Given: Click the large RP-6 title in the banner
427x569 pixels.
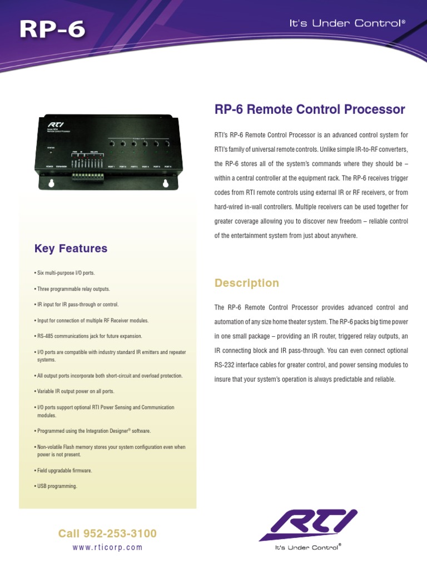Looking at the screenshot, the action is pos(52,28).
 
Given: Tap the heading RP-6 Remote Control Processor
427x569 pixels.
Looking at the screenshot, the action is pos(310,109).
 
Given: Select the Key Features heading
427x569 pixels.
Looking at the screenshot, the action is pos(71,248).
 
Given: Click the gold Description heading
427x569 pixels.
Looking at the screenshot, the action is pos(247,283).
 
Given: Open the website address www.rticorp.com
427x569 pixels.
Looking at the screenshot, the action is pos(107,547).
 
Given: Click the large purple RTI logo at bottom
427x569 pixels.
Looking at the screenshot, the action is pos(308,524).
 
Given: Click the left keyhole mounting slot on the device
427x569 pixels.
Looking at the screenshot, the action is pos(51,183).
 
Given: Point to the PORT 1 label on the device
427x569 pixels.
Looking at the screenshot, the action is pos(111,166).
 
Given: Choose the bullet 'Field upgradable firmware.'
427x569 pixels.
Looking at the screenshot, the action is pos(64,471).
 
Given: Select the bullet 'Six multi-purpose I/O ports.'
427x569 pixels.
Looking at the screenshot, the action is pos(65,273).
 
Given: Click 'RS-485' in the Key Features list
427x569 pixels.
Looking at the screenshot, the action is pos(46,336).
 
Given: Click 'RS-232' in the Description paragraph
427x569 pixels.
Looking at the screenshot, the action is pos(225,365).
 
